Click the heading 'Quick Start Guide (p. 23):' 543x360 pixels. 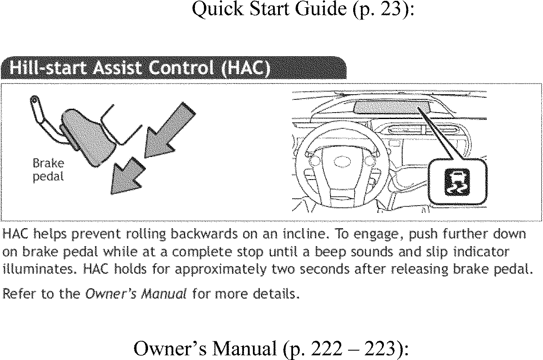[x=303, y=9]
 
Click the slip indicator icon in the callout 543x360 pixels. [x=456, y=182]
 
